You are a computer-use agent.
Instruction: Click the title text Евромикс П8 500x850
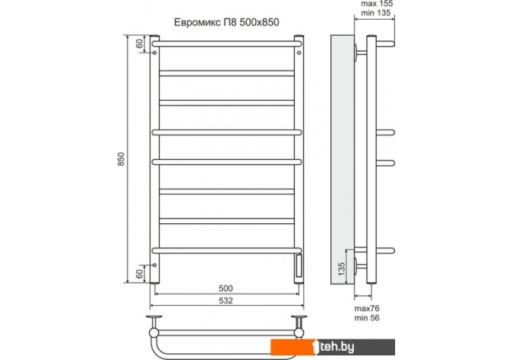(226, 22)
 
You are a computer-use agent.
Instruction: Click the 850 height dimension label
(122, 159)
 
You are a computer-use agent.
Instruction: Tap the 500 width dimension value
(225, 288)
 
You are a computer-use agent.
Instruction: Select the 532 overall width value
(225, 300)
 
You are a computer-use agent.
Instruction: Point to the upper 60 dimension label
(139, 44)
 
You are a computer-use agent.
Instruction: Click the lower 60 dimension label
(139, 274)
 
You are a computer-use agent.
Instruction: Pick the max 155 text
(377, 4)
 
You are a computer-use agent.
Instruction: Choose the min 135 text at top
(376, 13)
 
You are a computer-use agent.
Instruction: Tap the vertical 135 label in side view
(342, 269)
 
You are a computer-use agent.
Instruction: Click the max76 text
(367, 308)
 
